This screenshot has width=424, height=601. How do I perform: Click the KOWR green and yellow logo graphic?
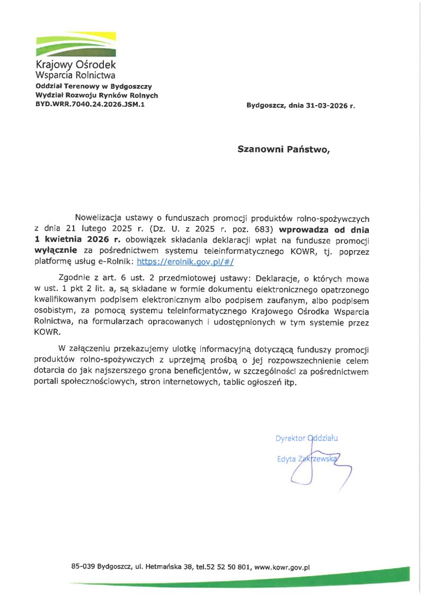(75, 44)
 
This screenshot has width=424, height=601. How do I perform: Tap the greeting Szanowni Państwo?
(283, 150)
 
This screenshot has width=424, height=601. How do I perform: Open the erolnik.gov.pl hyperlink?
(185, 261)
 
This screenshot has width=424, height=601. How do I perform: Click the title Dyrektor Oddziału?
(306, 439)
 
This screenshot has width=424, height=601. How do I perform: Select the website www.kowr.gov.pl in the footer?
(282, 567)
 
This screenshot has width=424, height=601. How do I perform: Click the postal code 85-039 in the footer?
(83, 567)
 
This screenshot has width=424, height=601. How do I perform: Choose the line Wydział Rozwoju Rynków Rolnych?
(96, 96)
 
